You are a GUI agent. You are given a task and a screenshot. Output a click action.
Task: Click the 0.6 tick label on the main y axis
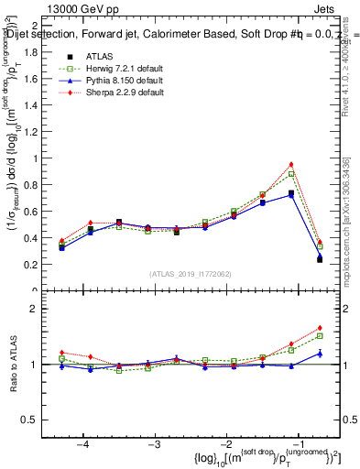pyautogui.click(x=38, y=212)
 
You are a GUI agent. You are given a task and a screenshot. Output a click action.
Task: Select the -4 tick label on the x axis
pyautogui.click(x=82, y=443)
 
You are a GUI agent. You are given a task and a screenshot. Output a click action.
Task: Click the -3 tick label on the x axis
pyautogui.click(x=154, y=443)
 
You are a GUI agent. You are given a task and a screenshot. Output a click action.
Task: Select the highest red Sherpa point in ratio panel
pyautogui.click(x=320, y=327)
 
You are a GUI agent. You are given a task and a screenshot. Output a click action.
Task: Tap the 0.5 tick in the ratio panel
pyautogui.click(x=38, y=420)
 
